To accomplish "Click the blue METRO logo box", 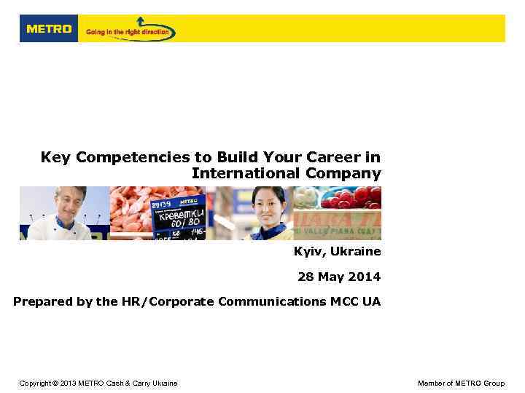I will (x=49, y=29).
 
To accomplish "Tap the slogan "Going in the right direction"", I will (x=128, y=32).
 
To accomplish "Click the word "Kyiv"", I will (x=308, y=252).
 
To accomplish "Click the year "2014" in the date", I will (x=365, y=277).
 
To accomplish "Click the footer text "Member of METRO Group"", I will (x=461, y=383).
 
